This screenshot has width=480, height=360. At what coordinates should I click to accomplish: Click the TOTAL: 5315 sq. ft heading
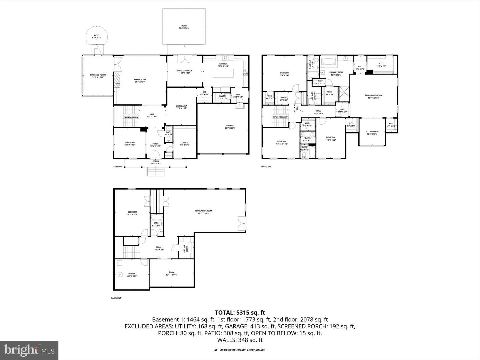(240, 312)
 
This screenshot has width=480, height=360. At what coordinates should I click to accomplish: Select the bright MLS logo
(29, 350)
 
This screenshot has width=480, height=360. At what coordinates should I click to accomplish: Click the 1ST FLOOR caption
(117, 166)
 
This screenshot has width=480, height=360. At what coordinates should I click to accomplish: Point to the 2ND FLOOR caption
(266, 166)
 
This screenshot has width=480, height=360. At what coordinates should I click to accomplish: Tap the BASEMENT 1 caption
(117, 298)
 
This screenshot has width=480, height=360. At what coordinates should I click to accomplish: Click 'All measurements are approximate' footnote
(240, 350)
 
